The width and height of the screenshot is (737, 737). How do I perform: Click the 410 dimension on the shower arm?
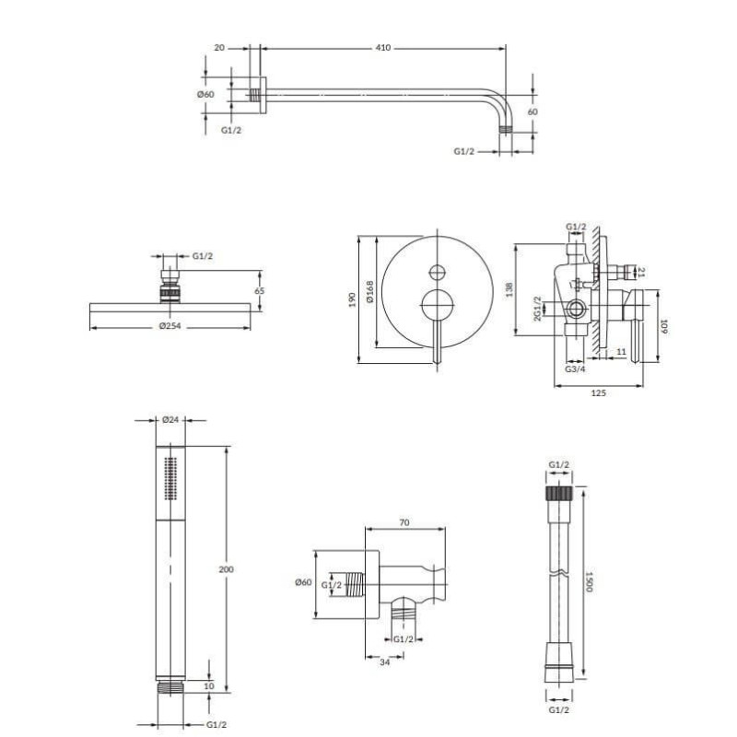click(383, 48)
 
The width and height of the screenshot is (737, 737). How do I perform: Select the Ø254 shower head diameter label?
click(170, 326)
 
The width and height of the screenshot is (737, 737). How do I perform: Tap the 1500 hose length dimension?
click(590, 582)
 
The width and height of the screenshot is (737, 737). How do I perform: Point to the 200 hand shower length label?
click(226, 569)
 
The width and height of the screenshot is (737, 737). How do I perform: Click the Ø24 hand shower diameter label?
click(170, 420)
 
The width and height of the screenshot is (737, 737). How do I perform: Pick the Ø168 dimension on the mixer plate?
click(370, 291)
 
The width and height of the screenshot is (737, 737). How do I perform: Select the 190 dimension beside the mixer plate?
click(353, 300)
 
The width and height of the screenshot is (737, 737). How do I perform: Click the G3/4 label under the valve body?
click(575, 369)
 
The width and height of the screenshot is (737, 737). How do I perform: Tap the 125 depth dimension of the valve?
click(598, 393)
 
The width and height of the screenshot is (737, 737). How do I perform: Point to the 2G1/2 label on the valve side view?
click(538, 309)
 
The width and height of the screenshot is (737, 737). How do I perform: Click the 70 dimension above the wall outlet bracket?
click(404, 522)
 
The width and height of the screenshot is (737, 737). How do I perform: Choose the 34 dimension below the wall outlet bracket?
click(384, 662)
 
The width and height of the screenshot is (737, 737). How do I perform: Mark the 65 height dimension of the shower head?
click(260, 291)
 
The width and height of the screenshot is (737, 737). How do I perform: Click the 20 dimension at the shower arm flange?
click(219, 48)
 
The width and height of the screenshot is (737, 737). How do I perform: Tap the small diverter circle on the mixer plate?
click(437, 272)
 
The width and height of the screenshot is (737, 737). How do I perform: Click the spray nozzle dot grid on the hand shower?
click(170, 478)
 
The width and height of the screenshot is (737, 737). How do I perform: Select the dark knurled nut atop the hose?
click(559, 493)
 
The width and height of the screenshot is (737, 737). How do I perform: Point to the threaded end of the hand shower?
click(170, 687)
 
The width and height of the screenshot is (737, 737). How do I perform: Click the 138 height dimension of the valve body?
click(509, 289)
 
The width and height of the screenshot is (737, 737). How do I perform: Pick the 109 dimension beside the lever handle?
click(663, 327)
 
